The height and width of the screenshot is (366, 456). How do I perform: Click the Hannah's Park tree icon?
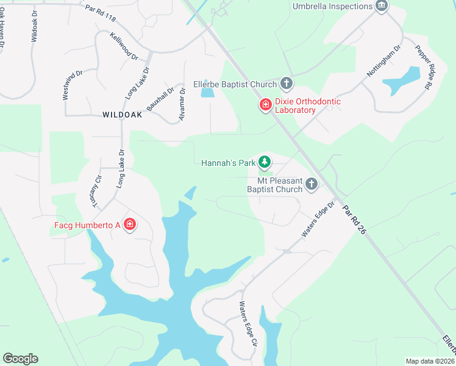(264, 162)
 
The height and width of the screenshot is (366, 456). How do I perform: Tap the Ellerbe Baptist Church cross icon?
(287, 84)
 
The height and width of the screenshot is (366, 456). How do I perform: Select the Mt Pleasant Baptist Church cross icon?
(312, 184)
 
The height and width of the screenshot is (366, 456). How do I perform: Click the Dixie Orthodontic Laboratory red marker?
(265, 105)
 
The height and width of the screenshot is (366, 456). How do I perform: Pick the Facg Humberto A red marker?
(129, 225)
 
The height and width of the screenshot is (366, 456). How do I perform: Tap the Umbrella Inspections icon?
(382, 6)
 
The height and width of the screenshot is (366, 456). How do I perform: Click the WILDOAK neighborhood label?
(123, 115)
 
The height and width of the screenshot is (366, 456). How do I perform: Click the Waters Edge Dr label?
(318, 220)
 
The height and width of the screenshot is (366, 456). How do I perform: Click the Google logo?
(20, 359)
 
